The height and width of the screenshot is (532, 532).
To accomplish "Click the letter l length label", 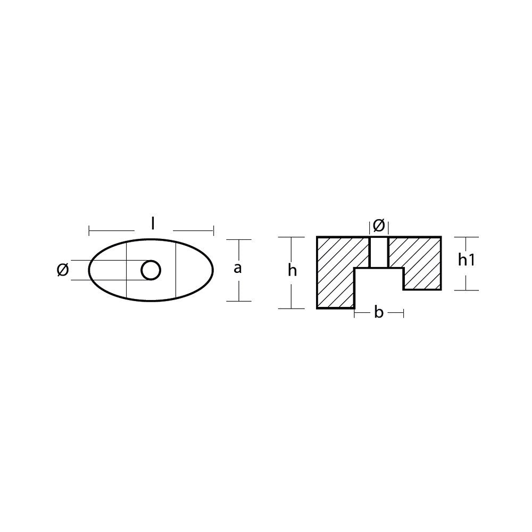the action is [153, 224].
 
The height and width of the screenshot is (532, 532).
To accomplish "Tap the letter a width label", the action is [238, 268].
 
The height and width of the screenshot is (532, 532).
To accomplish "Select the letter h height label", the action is [292, 270].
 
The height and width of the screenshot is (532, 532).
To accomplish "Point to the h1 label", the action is [466, 260].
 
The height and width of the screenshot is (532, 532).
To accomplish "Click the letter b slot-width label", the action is [379, 312].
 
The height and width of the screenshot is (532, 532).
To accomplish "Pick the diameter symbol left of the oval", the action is [63, 270].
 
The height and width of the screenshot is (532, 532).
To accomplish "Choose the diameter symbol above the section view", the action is [379, 226].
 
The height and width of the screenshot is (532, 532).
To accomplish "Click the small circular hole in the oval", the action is [151, 270].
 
